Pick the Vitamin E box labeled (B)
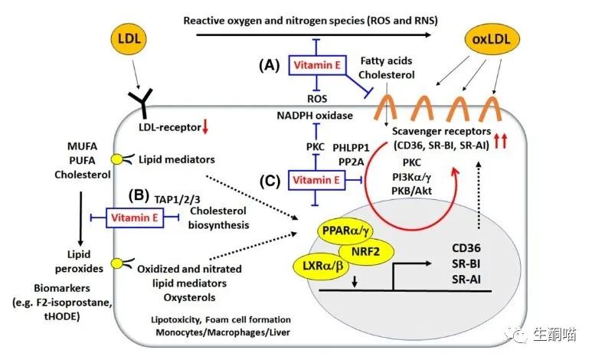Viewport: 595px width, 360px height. (135, 218)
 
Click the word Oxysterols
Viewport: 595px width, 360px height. (179, 295)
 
